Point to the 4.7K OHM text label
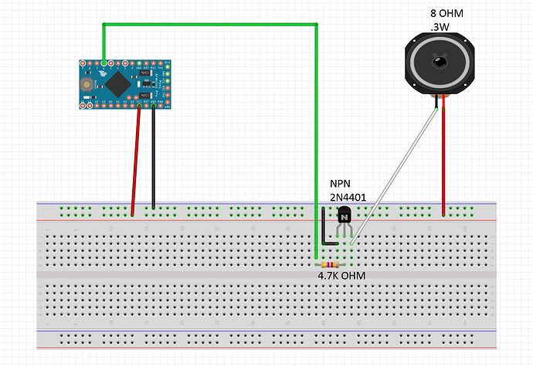[x=341, y=276]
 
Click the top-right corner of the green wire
[x=317, y=25]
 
